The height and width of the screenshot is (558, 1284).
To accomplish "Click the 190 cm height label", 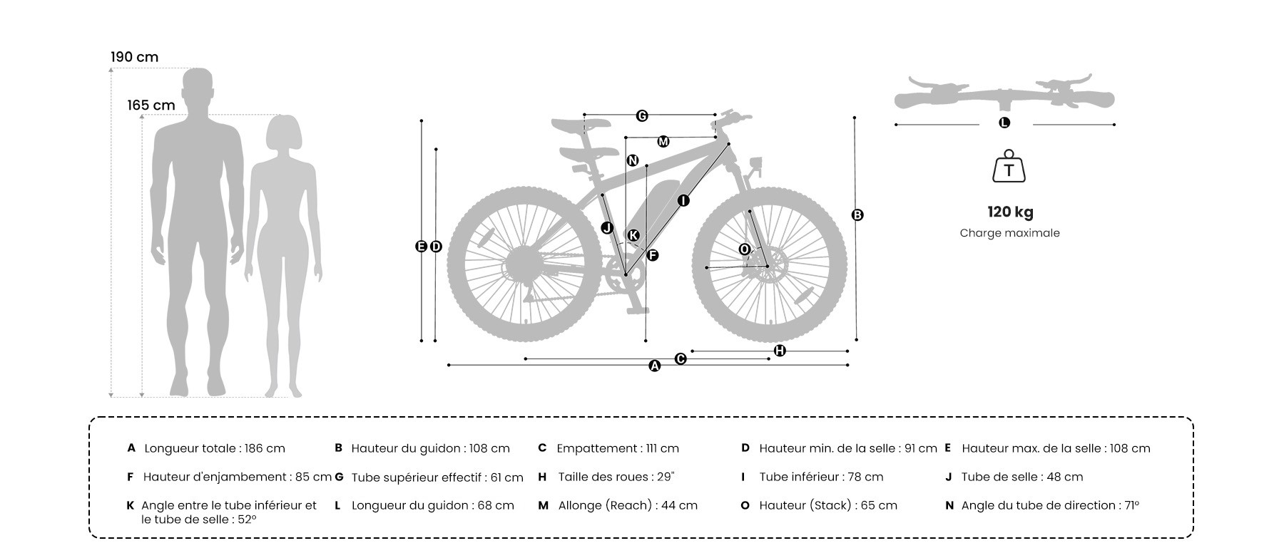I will (x=134, y=57).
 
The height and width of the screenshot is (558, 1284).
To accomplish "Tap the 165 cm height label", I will (x=151, y=105).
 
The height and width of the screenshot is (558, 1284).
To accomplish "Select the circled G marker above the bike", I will (x=642, y=115).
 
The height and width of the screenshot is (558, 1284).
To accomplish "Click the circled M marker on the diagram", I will (x=663, y=142).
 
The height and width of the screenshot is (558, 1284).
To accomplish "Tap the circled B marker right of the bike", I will (x=857, y=215).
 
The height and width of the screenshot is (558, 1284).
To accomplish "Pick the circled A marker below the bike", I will (x=655, y=366).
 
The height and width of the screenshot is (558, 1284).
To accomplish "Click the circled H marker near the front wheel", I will (x=780, y=351).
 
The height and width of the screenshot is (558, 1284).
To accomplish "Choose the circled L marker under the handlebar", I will (x=1004, y=123).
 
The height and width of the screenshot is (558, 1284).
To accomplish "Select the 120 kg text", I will (x=1010, y=212).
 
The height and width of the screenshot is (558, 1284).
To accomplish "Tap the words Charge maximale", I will (x=1009, y=233).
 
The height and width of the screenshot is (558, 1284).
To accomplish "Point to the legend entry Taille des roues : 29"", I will (x=616, y=477).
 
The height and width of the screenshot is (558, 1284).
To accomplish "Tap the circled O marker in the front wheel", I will (x=744, y=249).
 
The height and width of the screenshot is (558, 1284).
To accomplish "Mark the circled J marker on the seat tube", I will (x=607, y=228).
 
